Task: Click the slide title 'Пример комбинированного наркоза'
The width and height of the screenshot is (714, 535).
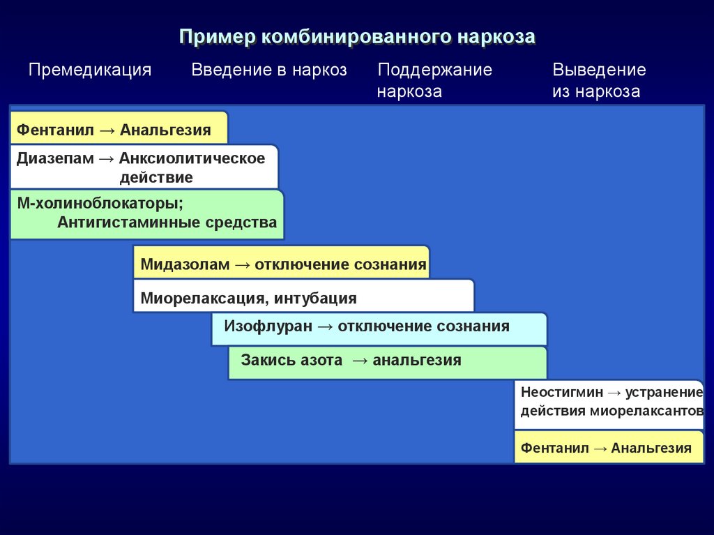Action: pyautogui.click(x=357, y=36)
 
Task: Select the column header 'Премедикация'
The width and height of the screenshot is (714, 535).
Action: pyautogui.click(x=90, y=70)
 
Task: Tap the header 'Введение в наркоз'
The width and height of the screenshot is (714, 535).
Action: pyautogui.click(x=269, y=70)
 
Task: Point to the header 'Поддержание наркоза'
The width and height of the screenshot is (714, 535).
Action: pyautogui.click(x=434, y=80)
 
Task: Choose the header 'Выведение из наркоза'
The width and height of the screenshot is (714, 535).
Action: pyautogui.click(x=599, y=80)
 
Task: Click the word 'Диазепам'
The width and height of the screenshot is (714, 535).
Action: pyautogui.click(x=55, y=158)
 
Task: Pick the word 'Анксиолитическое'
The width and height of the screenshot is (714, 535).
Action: pyautogui.click(x=192, y=158)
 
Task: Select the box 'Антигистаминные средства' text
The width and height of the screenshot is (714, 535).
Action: pyautogui.click(x=167, y=223)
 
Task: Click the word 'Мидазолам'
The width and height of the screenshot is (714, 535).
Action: pyautogui.click(x=184, y=265)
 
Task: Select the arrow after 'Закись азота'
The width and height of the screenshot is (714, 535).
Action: pyautogui.click(x=359, y=361)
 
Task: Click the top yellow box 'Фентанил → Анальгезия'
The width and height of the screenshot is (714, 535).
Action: pyautogui.click(x=119, y=130)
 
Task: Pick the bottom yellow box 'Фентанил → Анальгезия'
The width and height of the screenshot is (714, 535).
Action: pyautogui.click(x=607, y=448)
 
